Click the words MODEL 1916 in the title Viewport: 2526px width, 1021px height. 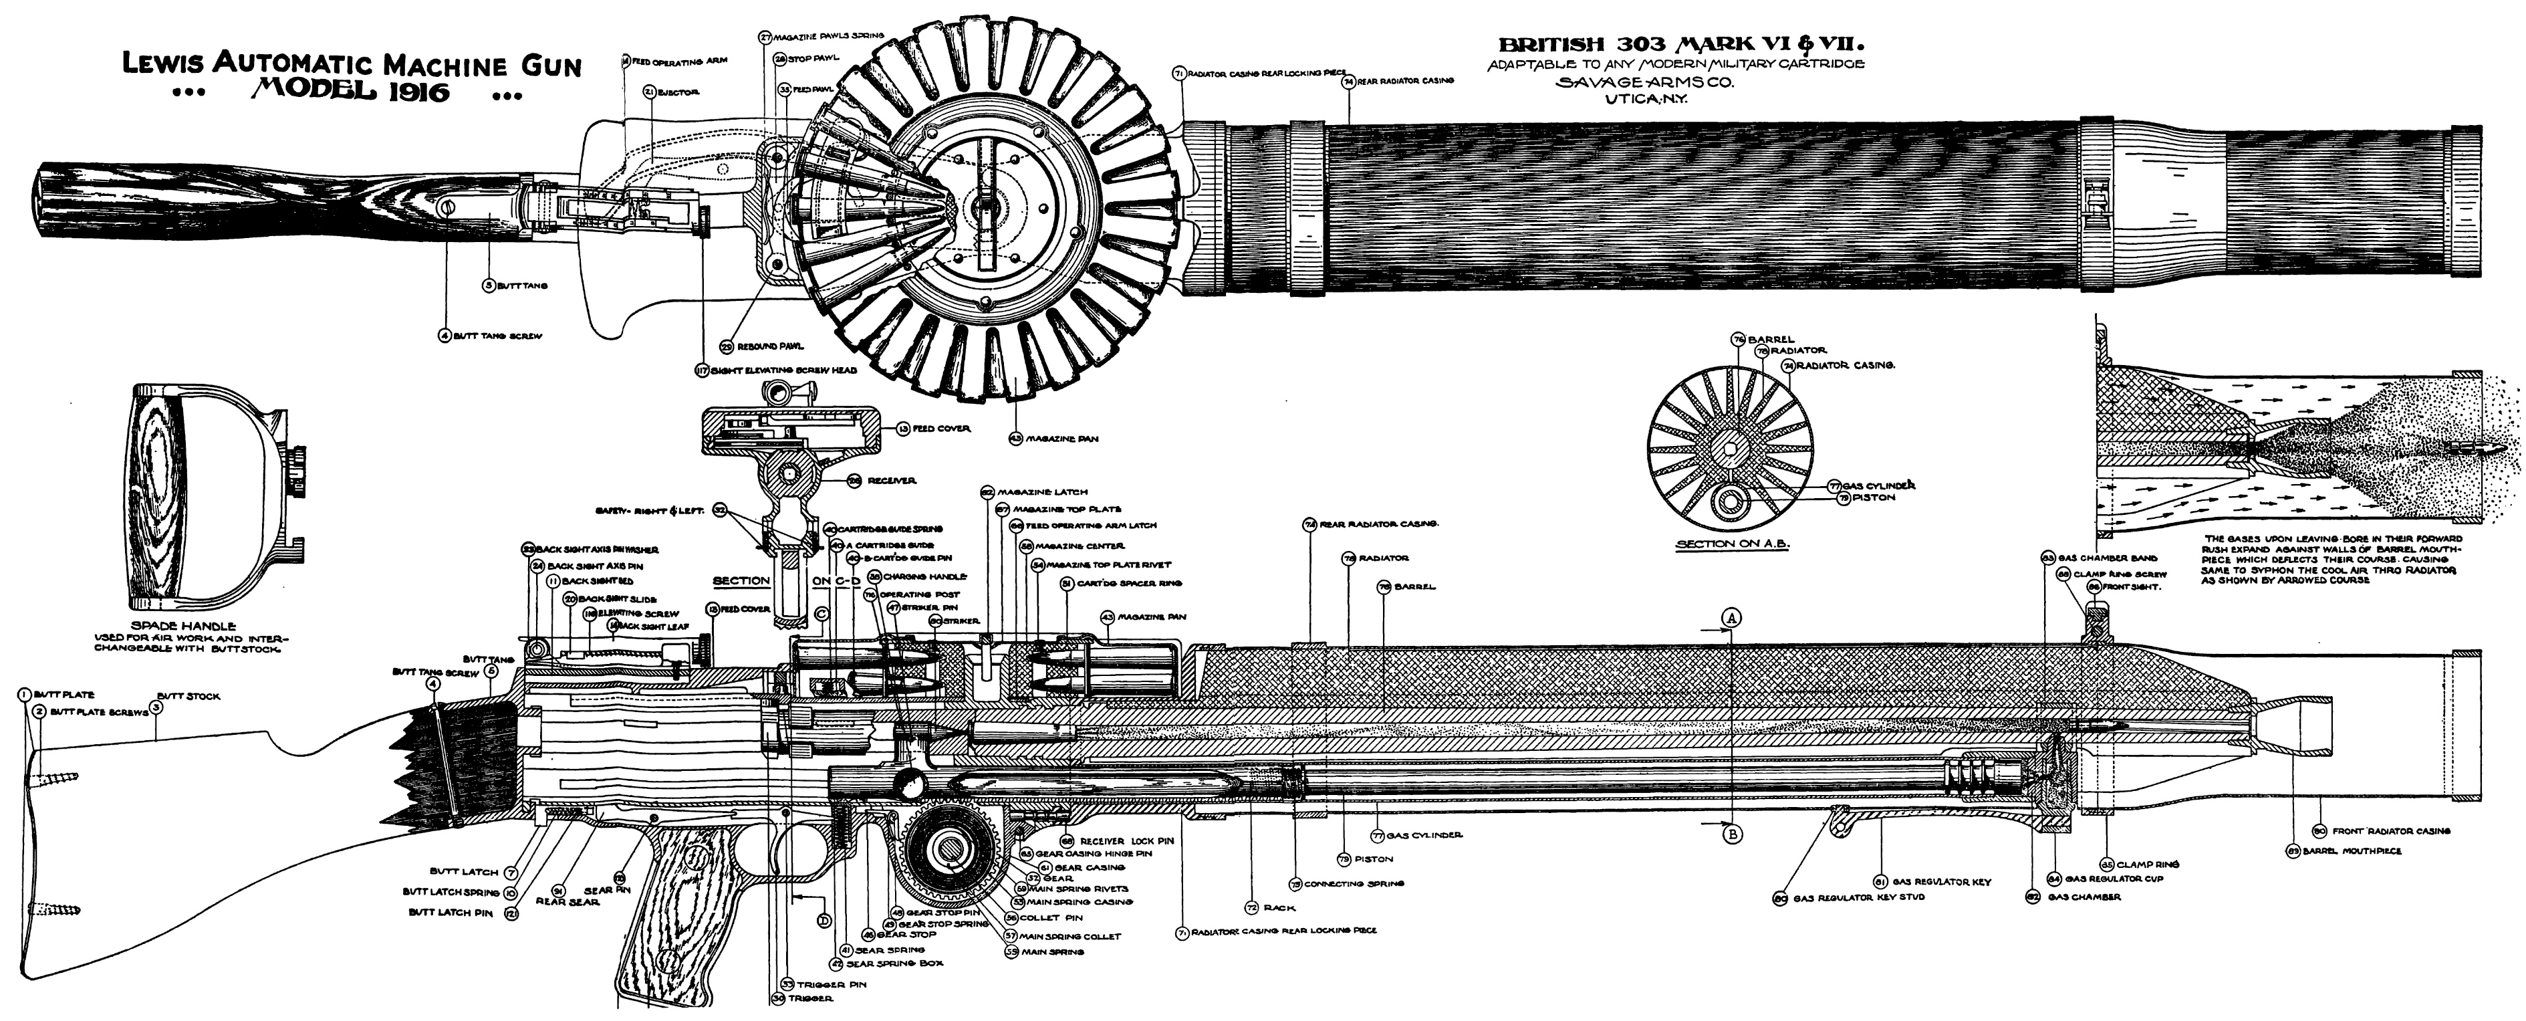tap(350, 92)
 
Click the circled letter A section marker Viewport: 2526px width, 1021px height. tap(1732, 618)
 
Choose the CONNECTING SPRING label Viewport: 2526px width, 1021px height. tap(1353, 884)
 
